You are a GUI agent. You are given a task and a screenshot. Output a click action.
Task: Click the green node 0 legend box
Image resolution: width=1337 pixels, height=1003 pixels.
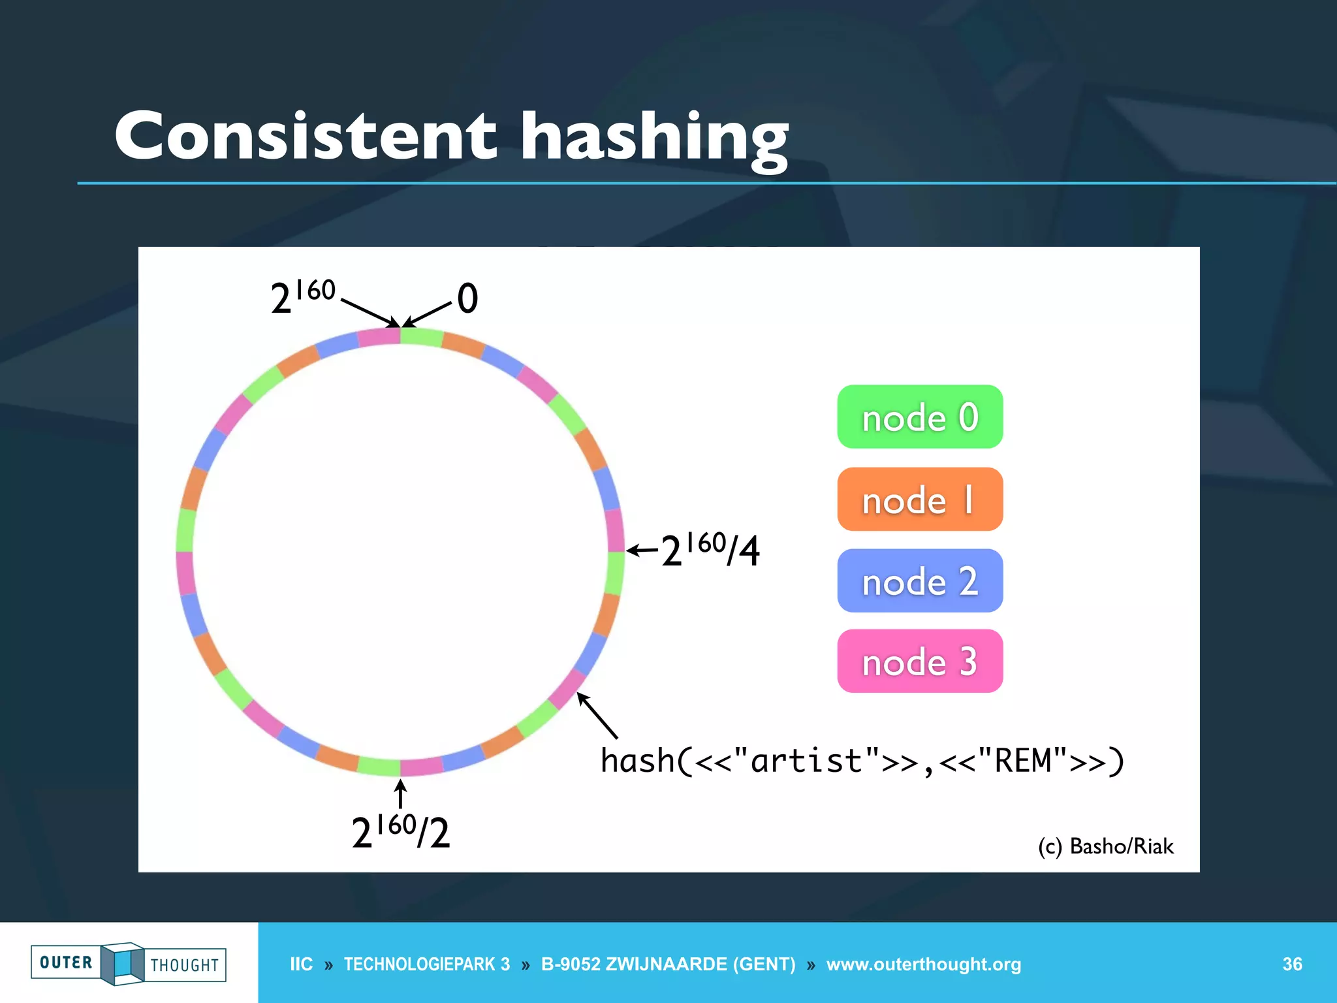point(919,417)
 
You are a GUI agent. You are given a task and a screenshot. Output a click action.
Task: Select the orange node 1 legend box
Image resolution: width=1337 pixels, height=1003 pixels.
point(919,500)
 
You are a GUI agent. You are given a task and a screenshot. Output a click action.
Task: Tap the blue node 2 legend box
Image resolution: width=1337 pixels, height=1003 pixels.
point(919,581)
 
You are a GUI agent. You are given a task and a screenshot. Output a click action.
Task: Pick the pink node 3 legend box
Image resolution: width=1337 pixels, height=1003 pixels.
point(919,661)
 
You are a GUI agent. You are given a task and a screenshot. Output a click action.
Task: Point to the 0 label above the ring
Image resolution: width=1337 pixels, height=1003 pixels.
point(467,298)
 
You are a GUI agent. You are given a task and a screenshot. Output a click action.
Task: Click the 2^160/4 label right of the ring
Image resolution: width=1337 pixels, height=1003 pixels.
point(710,550)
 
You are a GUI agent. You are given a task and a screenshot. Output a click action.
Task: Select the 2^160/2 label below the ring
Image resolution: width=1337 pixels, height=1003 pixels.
point(400,831)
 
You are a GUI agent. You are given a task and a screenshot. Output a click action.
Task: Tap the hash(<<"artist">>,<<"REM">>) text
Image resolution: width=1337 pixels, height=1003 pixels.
point(862,761)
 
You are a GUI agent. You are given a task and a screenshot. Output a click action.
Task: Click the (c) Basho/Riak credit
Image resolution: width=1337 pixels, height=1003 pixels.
point(1105,846)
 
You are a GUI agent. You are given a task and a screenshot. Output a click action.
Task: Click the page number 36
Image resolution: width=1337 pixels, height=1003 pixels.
point(1292,964)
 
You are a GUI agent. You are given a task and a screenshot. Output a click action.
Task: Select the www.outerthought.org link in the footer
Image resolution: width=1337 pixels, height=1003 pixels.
point(923,964)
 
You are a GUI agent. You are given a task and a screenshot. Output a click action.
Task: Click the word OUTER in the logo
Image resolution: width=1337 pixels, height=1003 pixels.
point(66,963)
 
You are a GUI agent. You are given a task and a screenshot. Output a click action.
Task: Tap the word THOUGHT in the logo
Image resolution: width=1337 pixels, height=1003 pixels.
point(185,965)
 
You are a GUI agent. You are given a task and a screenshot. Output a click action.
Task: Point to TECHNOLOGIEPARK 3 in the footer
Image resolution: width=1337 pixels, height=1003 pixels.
point(427,964)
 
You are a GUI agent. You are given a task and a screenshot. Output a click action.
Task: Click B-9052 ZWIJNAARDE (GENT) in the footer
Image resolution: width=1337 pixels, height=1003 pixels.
point(668,964)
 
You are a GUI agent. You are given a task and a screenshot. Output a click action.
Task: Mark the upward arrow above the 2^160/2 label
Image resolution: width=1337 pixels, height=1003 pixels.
point(401,794)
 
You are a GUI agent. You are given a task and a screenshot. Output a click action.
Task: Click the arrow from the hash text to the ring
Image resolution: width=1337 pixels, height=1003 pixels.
point(597,716)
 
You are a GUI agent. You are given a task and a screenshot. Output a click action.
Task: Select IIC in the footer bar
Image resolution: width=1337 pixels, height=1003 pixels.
point(301,964)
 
